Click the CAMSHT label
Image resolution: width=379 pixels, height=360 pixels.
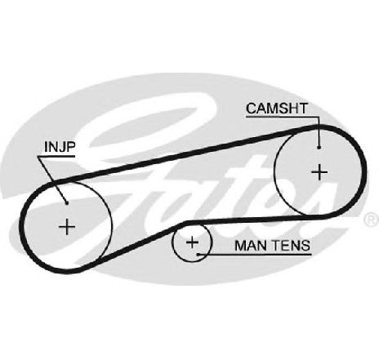277,109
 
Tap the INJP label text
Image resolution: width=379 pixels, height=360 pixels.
60,147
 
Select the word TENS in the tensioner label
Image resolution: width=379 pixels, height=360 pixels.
291,246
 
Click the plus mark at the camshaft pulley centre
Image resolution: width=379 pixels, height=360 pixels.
319,172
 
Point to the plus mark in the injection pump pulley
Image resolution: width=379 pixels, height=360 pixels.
67,227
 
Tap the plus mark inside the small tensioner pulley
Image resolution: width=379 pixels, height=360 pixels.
192,242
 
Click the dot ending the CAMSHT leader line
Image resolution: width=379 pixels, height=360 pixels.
319,148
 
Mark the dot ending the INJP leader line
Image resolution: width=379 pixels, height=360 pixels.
66,202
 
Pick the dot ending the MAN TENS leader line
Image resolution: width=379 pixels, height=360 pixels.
198,255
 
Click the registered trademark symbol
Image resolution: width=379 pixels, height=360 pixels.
371,220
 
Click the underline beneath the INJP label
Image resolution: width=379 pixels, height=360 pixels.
56,157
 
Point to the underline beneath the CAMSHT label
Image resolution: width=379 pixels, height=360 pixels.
283,118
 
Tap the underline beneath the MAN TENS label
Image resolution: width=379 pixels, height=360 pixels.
255,255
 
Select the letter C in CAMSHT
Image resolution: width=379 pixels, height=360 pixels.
251,109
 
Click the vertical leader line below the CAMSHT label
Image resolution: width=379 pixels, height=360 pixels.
319,132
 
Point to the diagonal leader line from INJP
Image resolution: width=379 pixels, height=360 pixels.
52,180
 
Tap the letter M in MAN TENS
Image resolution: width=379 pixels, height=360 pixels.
240,246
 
